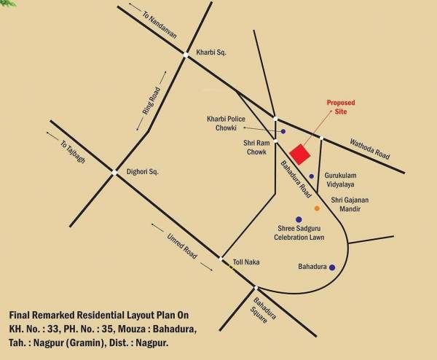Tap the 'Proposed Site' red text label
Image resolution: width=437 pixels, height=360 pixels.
point(340,108)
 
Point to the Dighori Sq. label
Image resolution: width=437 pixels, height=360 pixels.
point(142,171)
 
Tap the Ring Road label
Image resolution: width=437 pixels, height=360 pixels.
point(149,101)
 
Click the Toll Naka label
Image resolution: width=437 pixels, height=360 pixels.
point(246,262)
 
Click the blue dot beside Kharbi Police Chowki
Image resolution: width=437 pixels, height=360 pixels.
point(283,132)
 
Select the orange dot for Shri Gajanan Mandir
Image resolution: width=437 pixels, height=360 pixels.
point(317,208)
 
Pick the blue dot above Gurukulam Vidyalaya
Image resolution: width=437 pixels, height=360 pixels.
point(312,176)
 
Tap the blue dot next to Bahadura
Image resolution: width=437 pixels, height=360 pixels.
point(332,267)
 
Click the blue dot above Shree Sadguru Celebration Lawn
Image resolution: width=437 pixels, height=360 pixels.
point(299,219)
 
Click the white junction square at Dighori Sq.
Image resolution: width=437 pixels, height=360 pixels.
point(114,172)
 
